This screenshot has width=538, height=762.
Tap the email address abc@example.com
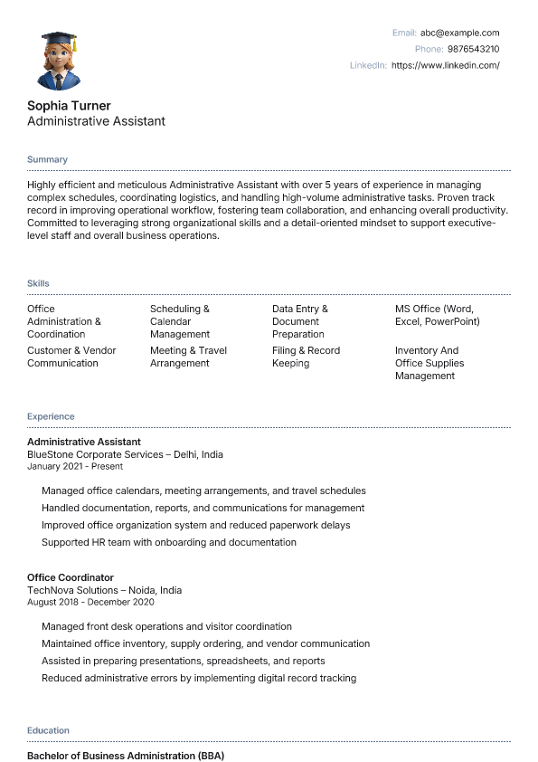[459, 33]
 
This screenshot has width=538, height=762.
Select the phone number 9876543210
[473, 49]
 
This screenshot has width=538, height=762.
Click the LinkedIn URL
[445, 65]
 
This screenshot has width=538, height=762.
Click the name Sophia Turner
[69, 106]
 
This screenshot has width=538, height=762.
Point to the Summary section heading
[47, 159]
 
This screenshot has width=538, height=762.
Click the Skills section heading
[38, 284]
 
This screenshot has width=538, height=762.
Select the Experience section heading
[51, 416]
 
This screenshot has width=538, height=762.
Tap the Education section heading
[48, 730]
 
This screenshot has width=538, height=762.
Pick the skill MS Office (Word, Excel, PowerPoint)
[437, 315]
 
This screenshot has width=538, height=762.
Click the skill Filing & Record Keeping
[306, 357]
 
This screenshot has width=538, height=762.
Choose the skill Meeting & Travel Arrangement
[188, 357]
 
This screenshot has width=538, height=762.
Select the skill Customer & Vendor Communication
[71, 357]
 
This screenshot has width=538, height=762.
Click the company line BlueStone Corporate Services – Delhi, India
[125, 454]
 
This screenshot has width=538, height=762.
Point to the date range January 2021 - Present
[75, 467]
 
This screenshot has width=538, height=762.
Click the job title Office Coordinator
[71, 577]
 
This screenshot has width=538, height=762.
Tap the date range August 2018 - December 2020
[90, 602]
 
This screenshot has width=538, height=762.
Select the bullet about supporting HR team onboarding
[169, 542]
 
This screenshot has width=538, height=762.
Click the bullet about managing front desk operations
[166, 626]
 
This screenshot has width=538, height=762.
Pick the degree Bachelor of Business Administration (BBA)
[126, 755]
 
